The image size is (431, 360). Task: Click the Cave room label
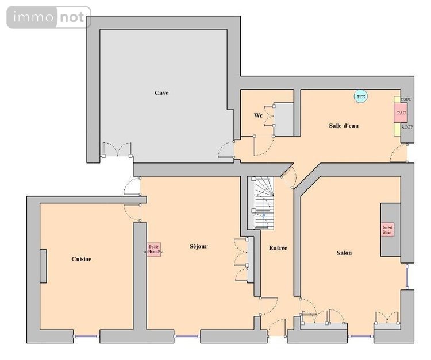(161, 92)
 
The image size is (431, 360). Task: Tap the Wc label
(258, 115)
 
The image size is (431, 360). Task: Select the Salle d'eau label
(344, 126)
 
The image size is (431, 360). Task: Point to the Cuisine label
(81, 259)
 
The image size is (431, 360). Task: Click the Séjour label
(198, 246)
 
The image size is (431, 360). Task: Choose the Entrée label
(278, 248)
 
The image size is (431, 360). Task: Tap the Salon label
(344, 253)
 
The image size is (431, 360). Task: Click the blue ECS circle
(360, 96)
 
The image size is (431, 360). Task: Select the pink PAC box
(401, 113)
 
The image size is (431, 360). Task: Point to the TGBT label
(406, 100)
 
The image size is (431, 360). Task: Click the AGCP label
(406, 127)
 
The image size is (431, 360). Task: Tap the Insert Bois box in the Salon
(388, 230)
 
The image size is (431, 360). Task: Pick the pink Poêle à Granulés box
(153, 249)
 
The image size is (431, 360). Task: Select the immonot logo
(48, 18)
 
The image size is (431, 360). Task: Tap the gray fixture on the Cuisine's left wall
(43, 266)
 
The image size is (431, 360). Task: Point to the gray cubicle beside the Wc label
(284, 119)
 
